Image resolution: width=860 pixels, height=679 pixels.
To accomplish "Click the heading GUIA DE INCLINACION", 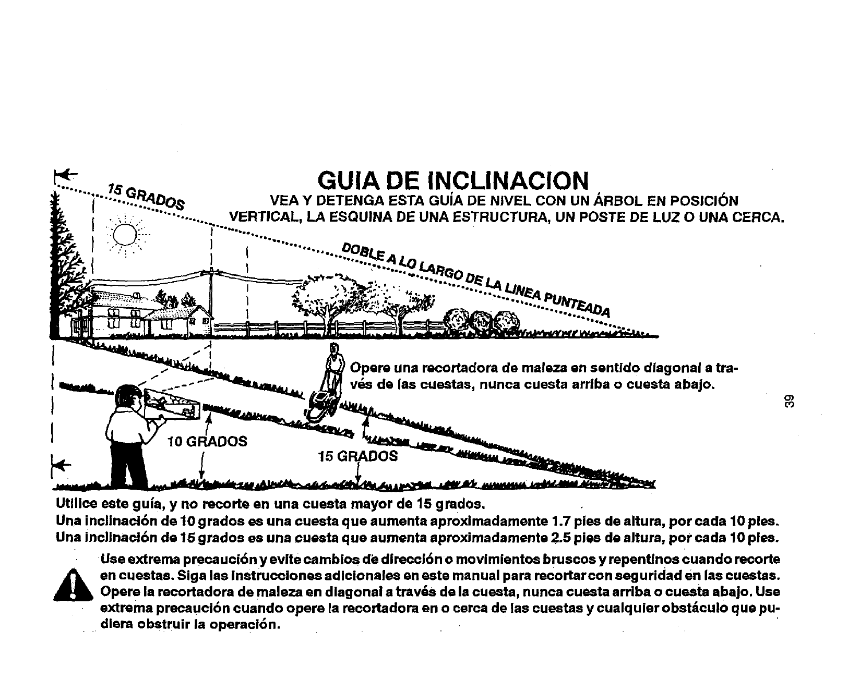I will pyautogui.click(x=453, y=180).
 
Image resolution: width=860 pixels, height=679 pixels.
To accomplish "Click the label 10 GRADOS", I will pyautogui.click(x=207, y=442).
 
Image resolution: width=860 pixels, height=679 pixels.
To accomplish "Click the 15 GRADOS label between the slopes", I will pyautogui.click(x=358, y=456).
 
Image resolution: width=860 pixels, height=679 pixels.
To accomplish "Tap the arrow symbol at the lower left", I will pyautogui.click(x=62, y=463).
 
